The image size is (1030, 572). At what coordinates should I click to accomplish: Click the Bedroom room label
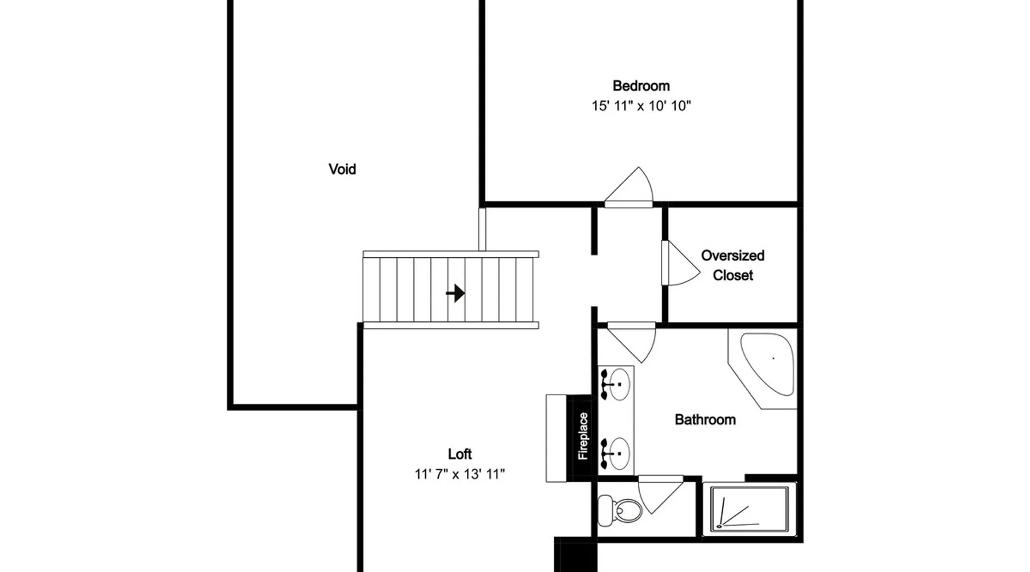pos(641,86)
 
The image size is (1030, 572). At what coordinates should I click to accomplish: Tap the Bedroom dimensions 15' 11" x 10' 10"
pos(641,106)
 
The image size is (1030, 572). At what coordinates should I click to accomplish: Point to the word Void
pos(342,169)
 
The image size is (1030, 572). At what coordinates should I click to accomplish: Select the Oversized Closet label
pos(732,265)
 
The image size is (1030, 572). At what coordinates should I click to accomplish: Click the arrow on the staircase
pos(455,293)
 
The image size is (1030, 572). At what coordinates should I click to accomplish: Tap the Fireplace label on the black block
pos(583,436)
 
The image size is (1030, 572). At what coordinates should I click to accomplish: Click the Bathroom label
pos(705,420)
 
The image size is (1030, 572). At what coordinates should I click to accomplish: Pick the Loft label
pos(460,454)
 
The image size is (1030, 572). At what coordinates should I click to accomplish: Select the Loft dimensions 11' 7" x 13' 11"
pos(460,474)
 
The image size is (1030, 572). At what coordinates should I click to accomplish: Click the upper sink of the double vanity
pos(616,384)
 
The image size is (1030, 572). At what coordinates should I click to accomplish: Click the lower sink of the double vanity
pos(616,454)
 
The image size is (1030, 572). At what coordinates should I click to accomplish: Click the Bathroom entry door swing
pos(632,342)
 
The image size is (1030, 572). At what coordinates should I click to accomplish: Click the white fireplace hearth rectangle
pos(556,438)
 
